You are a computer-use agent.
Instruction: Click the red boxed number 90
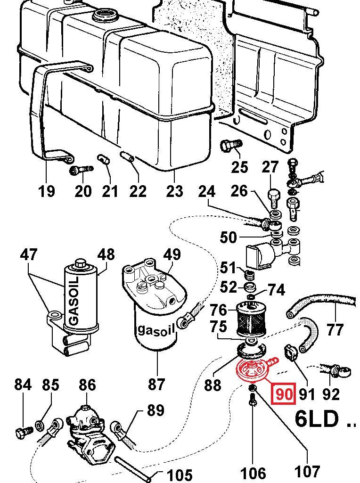(x=284, y=393)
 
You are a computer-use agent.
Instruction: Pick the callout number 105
(x=180, y=474)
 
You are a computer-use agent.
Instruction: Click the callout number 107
(x=307, y=471)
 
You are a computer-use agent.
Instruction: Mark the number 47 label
(x=29, y=255)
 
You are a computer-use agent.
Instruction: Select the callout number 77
(x=335, y=329)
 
